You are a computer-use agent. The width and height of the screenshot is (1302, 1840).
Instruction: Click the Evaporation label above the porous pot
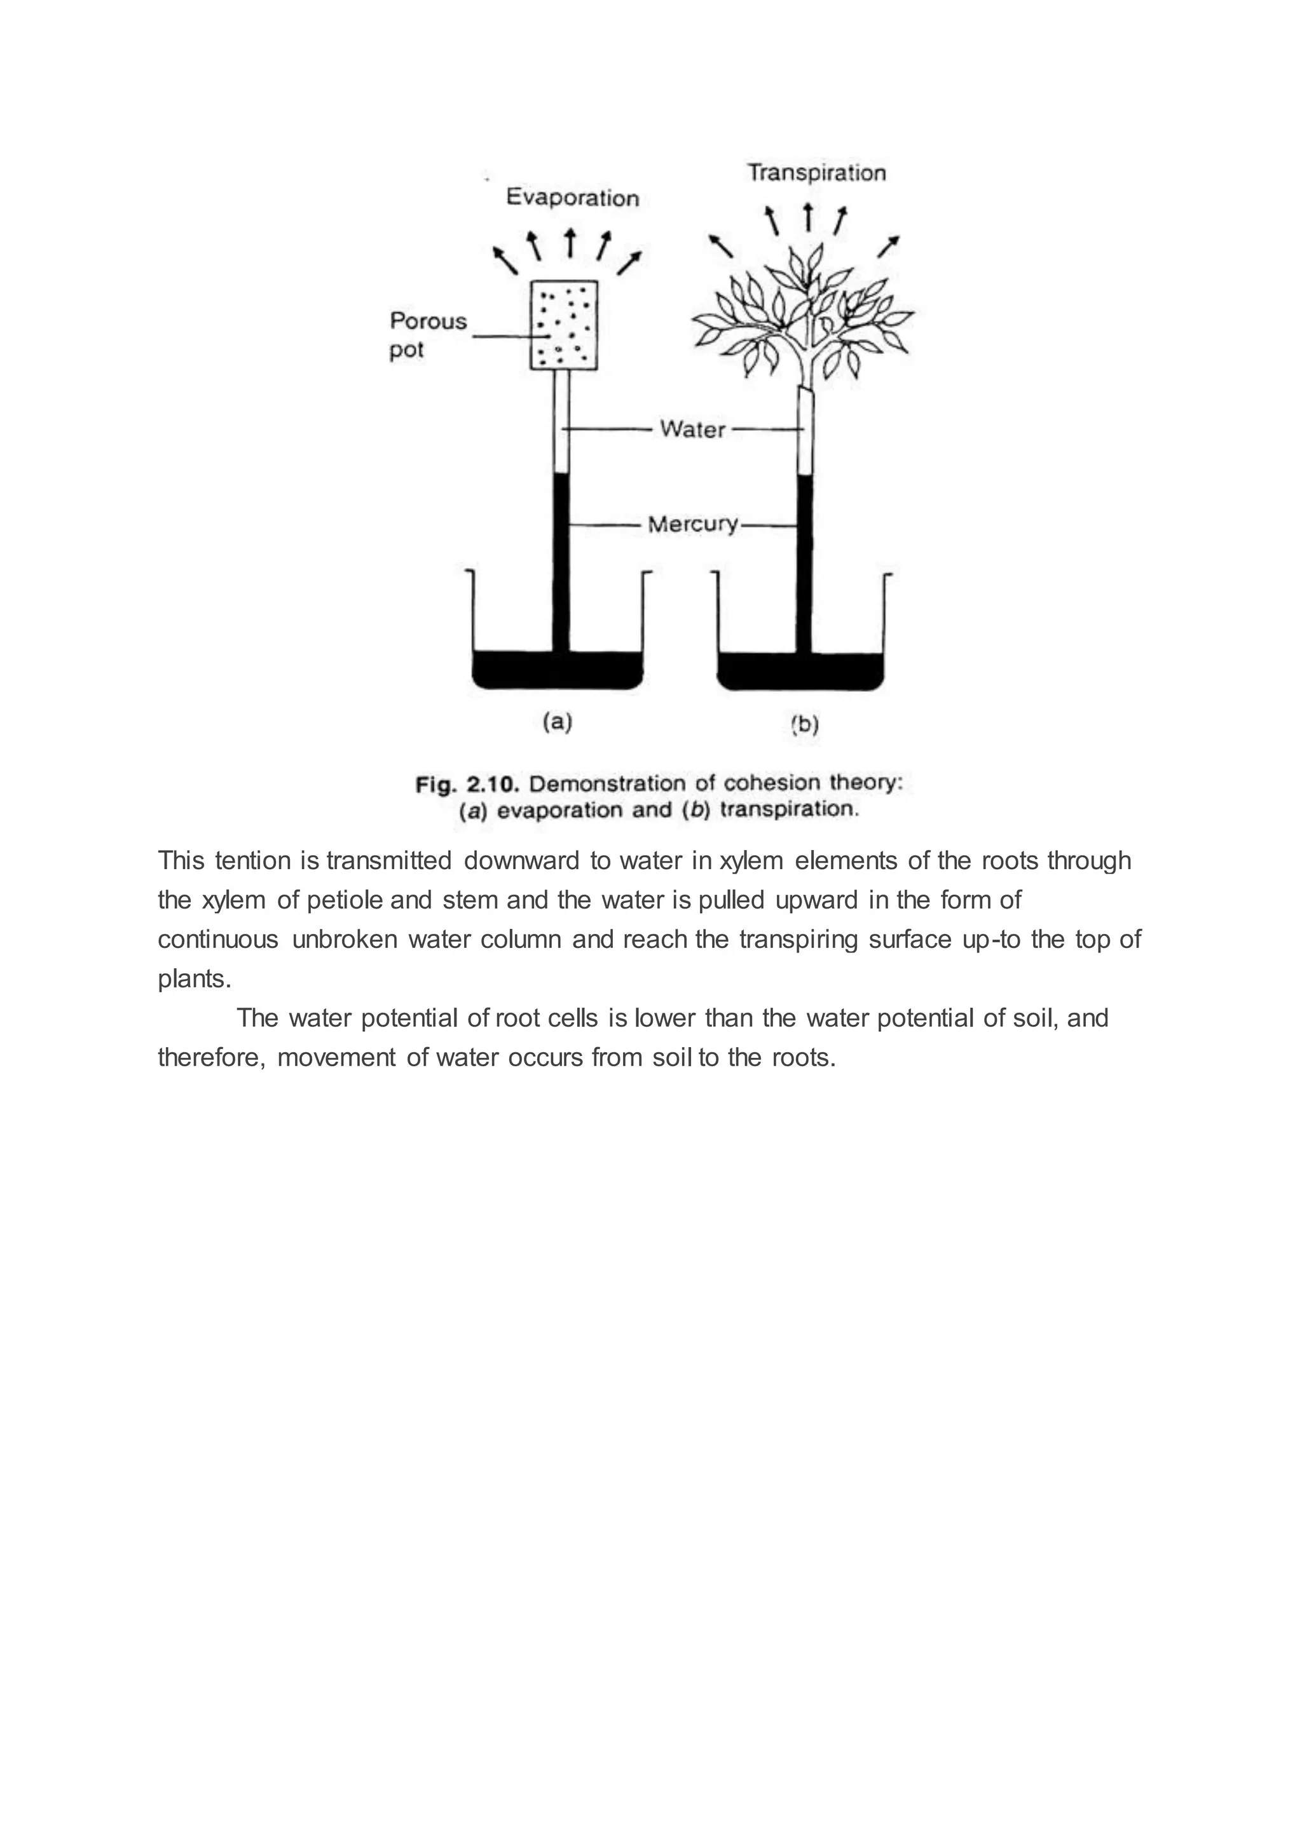point(572,198)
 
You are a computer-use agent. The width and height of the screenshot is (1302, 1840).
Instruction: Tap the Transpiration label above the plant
point(816,173)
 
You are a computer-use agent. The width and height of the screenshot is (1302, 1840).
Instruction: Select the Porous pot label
point(427,335)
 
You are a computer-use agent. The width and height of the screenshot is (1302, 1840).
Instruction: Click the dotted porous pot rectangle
point(565,325)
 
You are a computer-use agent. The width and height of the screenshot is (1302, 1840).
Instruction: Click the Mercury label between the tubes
point(693,525)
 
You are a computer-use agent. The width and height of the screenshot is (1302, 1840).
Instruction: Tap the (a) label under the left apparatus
point(557,722)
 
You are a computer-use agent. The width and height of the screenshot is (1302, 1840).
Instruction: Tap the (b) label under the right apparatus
point(804,725)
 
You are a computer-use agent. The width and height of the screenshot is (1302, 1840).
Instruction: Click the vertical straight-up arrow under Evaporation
point(570,243)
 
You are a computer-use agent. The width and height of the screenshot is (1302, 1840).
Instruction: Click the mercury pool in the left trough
point(557,670)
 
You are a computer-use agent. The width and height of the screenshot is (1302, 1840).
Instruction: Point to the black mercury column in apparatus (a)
point(561,561)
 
